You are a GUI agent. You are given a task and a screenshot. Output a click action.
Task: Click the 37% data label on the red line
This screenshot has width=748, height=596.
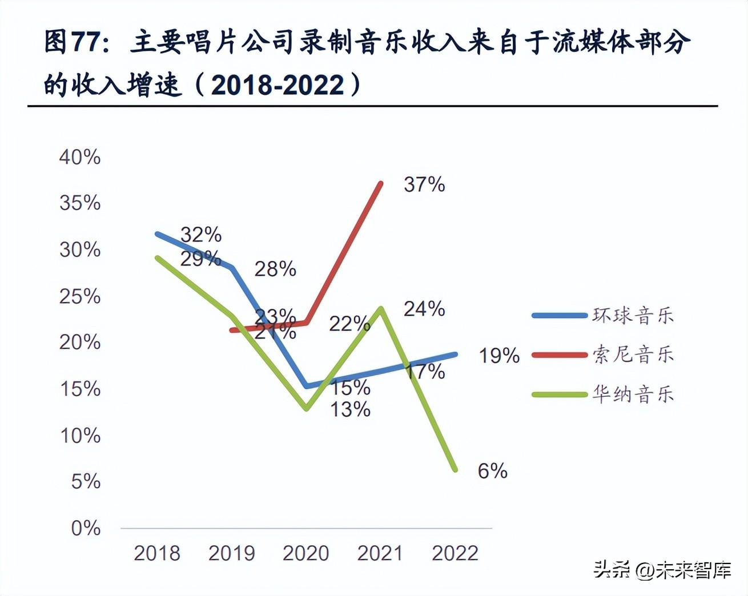tap(424, 184)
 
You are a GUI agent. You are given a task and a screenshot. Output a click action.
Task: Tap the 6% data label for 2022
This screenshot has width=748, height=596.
tap(492, 471)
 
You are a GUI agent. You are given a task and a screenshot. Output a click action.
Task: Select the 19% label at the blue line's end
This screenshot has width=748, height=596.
tap(499, 356)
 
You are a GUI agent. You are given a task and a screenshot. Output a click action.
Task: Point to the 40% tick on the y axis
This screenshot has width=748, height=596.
tap(80, 157)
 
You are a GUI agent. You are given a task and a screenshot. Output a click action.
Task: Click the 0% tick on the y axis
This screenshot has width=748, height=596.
tap(86, 528)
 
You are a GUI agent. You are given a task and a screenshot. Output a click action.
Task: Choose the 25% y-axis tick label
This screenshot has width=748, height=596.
tap(80, 296)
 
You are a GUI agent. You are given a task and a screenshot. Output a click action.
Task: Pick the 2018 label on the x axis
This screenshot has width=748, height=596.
tap(157, 553)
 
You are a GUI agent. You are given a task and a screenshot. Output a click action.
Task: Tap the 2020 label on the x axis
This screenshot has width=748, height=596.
tap(306, 553)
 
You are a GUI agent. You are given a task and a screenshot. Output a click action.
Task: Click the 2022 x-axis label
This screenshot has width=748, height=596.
tap(455, 553)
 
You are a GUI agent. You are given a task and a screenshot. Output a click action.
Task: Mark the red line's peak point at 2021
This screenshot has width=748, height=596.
tap(381, 183)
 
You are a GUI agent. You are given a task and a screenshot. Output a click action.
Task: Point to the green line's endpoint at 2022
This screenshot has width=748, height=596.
tap(455, 470)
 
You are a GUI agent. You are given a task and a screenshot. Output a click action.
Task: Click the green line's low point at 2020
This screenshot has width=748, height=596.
tap(307, 408)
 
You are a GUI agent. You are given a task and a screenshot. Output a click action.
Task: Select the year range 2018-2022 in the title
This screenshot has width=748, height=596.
tap(278, 86)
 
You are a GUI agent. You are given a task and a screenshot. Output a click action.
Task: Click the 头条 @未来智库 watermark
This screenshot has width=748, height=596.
tap(662, 570)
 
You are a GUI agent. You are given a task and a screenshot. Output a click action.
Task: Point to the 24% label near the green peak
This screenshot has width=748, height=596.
tap(424, 309)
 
